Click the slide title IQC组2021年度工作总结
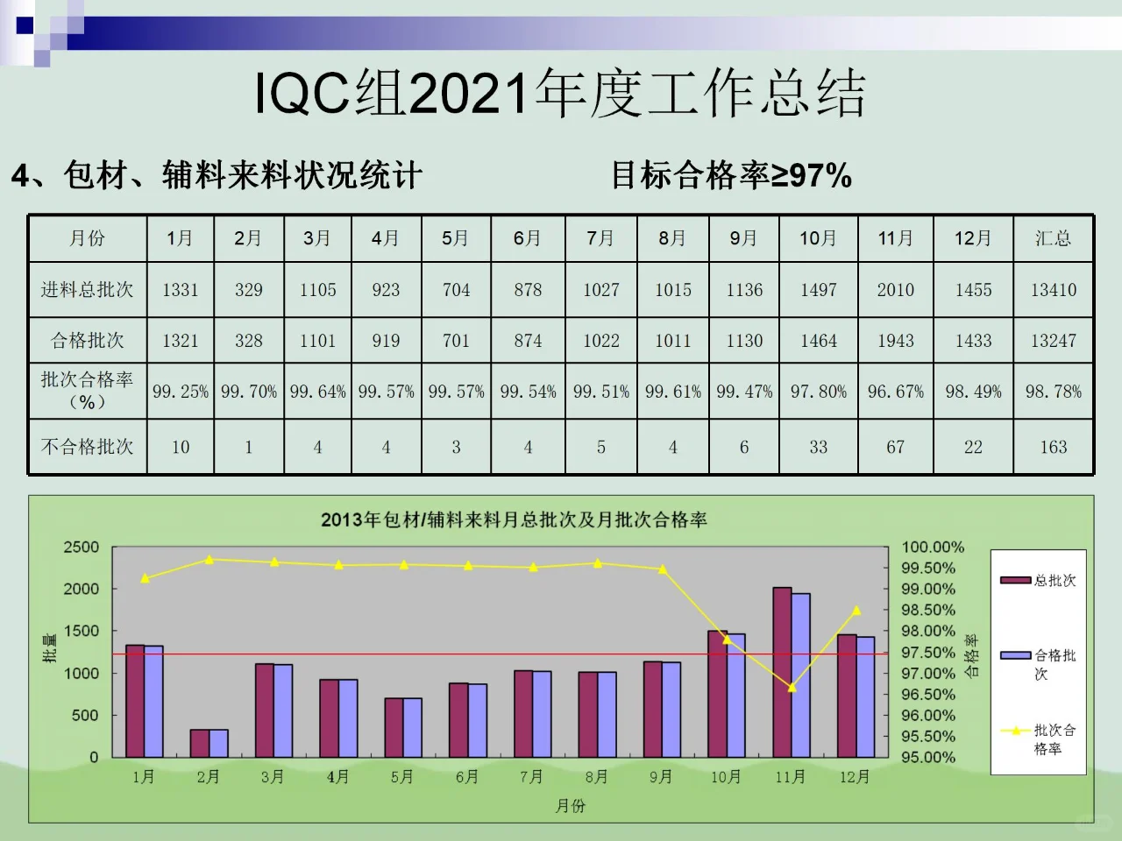[560, 93]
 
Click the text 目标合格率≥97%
[731, 175]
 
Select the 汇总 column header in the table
[1053, 238]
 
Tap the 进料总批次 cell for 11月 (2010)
[895, 290]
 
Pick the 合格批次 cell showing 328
[248, 341]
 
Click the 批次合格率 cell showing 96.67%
[895, 392]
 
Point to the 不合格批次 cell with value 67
[895, 447]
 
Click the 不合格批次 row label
[87, 447]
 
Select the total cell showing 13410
[1053, 290]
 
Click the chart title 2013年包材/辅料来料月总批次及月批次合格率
[514, 519]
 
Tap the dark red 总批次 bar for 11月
[782, 672]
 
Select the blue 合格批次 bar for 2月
[218, 743]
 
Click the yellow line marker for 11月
[792, 688]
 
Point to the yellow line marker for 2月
[209, 559]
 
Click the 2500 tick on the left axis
[82, 548]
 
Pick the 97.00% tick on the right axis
[927, 674]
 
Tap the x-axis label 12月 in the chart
[855, 777]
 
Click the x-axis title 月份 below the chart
[570, 806]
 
